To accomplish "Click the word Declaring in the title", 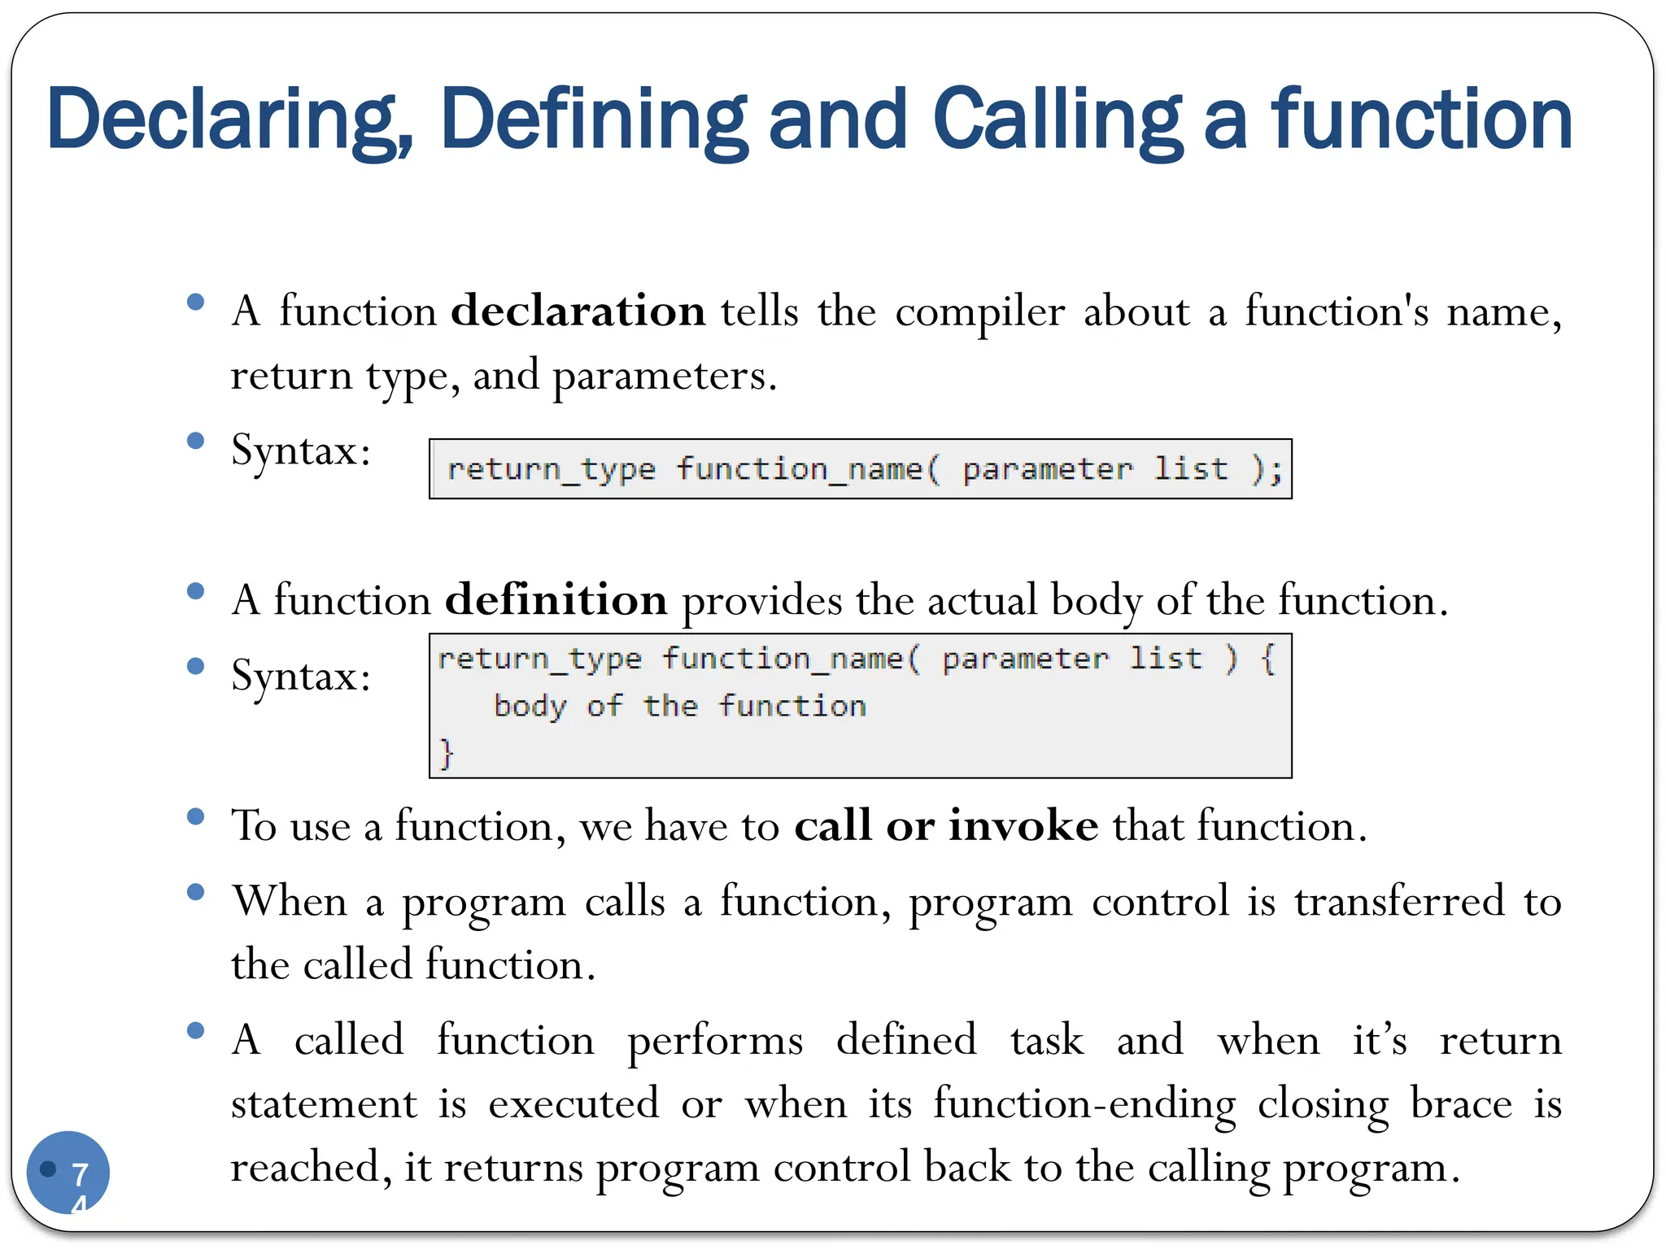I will (230, 120).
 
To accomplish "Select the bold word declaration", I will (578, 311).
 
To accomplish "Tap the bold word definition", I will (556, 600).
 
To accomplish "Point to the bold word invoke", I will (1023, 825).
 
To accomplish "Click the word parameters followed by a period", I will (665, 376).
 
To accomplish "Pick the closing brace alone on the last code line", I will (446, 752).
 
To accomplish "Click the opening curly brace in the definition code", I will (1267, 658).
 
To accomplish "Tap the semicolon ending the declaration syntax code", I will (1276, 470).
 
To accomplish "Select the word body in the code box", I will (530, 706).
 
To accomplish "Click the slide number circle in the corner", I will (68, 1172).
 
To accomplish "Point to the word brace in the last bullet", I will (1461, 1103).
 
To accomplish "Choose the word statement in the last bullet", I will (324, 1103).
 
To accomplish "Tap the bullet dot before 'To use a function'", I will (195, 816).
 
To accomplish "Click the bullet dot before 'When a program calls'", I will (195, 892).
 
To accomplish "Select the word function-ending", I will (1084, 1103).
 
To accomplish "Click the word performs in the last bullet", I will (715, 1040).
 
